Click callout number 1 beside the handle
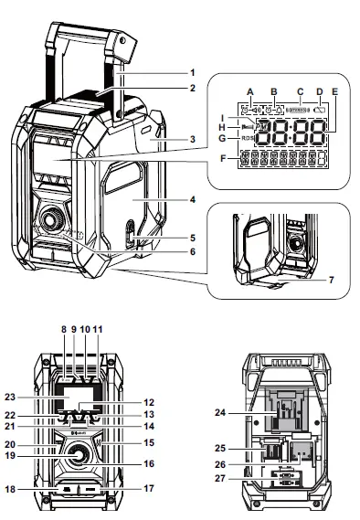tap(193, 70)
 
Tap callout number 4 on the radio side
tap(193, 197)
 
